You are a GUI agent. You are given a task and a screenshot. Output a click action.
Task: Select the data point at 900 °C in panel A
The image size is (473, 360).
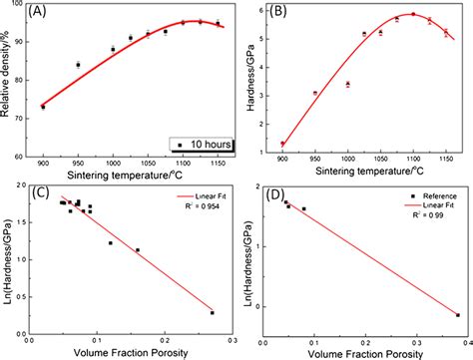click(43, 106)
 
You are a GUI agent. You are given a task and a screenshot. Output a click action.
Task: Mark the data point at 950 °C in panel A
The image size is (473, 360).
click(78, 65)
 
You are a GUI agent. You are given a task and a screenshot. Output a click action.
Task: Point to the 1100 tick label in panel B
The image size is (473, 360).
click(412, 161)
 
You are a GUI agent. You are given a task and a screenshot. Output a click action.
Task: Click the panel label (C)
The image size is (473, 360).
click(45, 190)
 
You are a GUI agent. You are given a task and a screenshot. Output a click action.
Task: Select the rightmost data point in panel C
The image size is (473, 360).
click(212, 312)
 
